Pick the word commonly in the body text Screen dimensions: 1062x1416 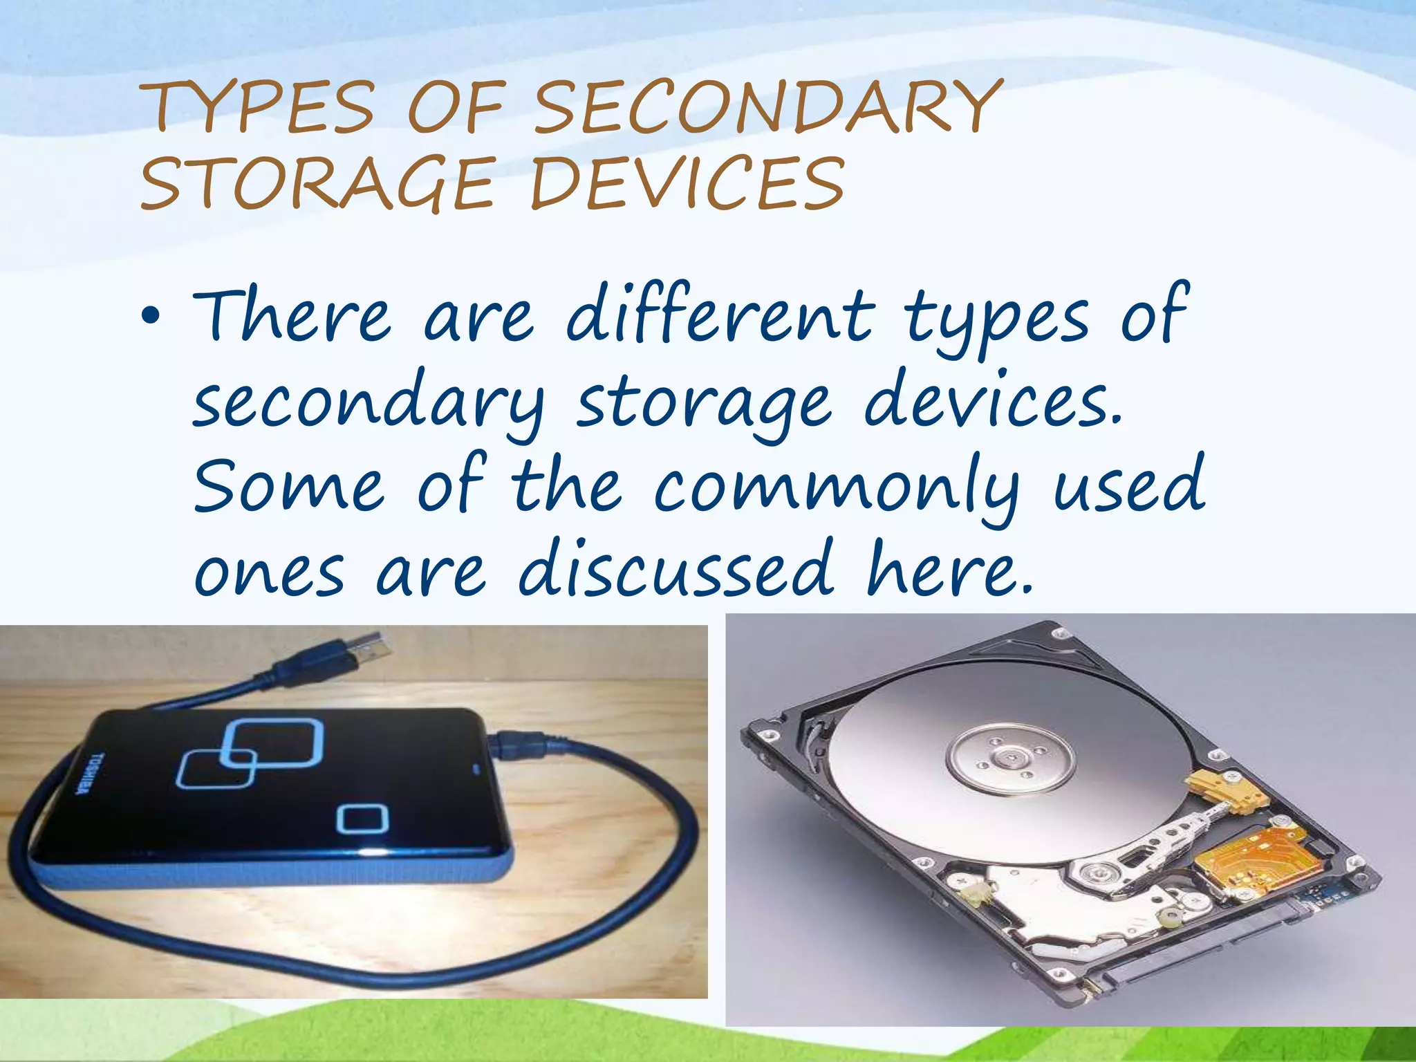(836, 488)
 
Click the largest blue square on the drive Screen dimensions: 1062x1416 (275, 744)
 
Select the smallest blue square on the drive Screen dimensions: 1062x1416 (362, 819)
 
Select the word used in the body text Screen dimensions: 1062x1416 (1129, 487)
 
